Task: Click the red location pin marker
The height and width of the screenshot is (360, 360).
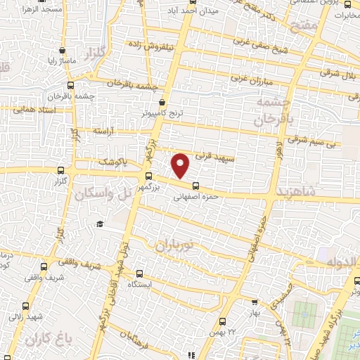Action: pyautogui.click(x=181, y=165)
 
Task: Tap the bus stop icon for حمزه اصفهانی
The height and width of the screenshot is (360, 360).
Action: pyautogui.click(x=195, y=186)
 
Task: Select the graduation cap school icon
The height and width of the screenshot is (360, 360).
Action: pyautogui.click(x=100, y=224)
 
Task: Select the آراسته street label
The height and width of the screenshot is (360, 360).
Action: pyautogui.click(x=103, y=131)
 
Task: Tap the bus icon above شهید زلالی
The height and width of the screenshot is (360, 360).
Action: pyautogui.click(x=26, y=305)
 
